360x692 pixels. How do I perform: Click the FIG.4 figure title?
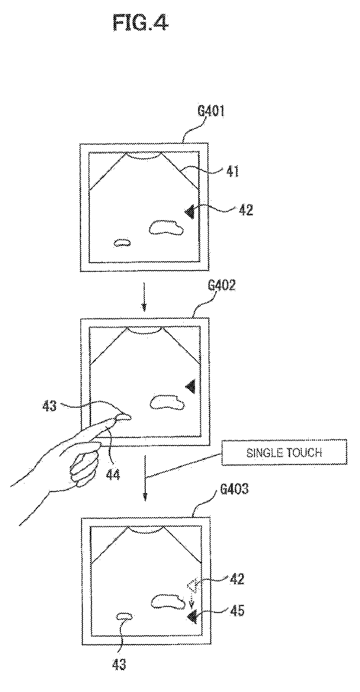tap(141, 22)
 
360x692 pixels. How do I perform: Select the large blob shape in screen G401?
tap(165, 227)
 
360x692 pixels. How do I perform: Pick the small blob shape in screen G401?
tap(122, 243)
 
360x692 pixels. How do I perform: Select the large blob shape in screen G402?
tap(168, 403)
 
